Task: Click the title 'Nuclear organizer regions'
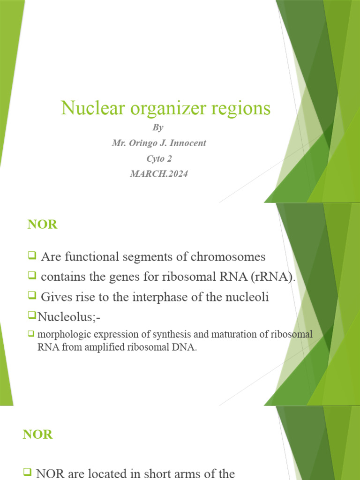165,108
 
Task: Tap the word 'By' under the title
158,127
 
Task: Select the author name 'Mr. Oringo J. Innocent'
159,143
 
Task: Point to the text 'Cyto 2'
159,158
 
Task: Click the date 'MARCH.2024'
159,174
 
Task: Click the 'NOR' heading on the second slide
42,225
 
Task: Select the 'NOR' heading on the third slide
38,435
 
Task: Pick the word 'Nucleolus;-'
69,317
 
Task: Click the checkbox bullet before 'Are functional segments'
32,256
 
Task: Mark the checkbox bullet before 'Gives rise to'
32,296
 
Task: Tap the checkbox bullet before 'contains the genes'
32,276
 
